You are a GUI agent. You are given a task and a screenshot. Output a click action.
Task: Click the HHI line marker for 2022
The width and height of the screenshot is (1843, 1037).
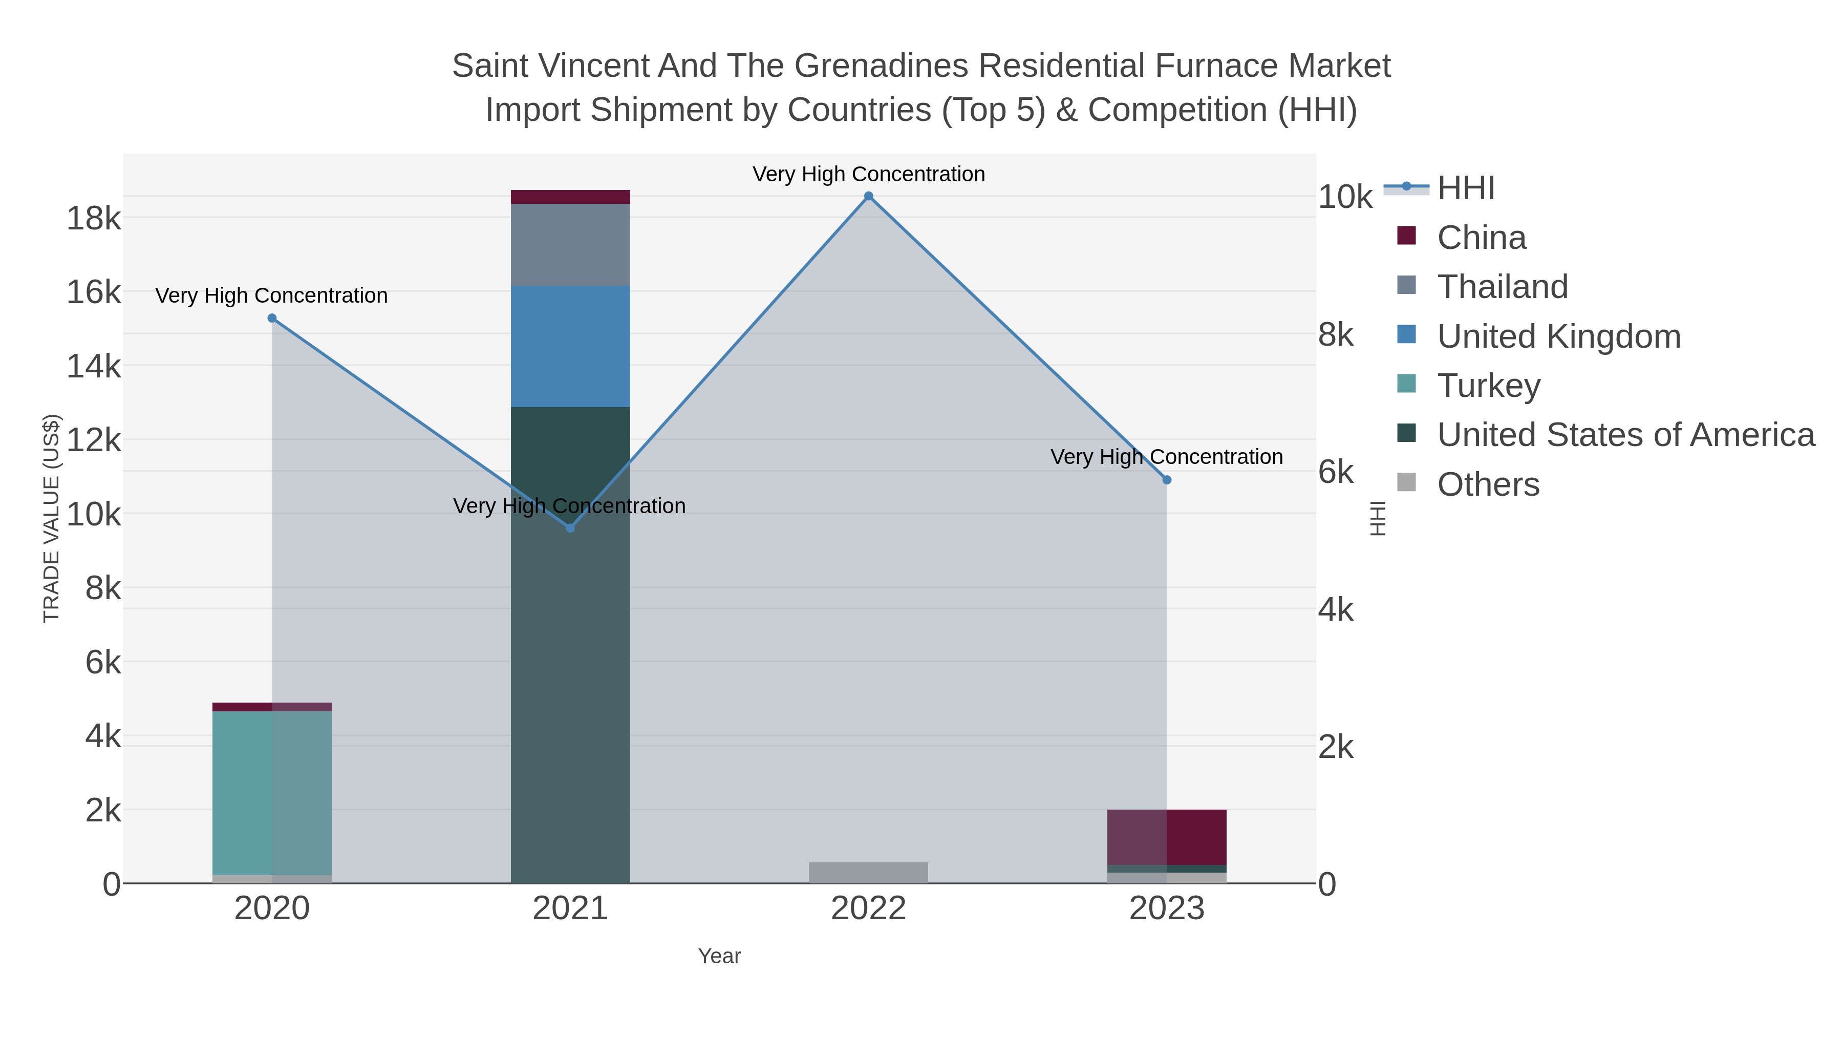click(869, 196)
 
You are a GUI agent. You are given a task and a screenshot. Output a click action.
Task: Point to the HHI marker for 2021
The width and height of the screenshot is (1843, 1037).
click(570, 528)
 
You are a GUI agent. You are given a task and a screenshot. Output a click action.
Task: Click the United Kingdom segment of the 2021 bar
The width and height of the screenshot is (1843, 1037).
click(570, 346)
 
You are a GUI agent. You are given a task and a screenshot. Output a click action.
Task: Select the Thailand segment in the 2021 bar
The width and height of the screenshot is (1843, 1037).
click(570, 245)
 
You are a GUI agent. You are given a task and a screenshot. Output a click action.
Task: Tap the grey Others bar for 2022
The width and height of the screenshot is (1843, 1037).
click(869, 873)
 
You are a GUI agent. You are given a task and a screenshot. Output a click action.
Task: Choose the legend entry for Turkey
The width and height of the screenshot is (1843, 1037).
click(1488, 386)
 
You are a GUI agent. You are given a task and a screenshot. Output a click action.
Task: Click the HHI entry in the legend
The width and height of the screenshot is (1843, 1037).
click(1465, 188)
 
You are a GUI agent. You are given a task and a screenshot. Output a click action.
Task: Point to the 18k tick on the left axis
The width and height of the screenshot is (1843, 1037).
click(94, 218)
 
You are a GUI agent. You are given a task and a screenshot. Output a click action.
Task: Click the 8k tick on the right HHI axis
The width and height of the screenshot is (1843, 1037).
click(1336, 335)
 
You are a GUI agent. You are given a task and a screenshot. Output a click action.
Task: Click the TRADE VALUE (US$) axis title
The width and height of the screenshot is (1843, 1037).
click(52, 518)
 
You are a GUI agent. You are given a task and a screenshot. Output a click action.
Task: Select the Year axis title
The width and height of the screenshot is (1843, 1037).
click(719, 956)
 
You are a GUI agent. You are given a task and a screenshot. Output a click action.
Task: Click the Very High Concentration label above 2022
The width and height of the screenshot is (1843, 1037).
click(869, 174)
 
